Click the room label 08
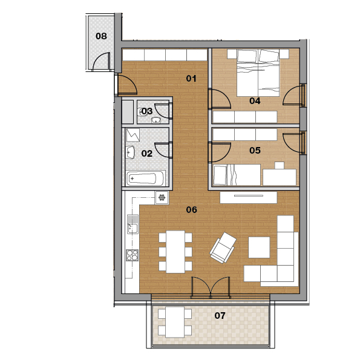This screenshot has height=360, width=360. (x=101, y=36)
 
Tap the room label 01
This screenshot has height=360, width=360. (x=191, y=79)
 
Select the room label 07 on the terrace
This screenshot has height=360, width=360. (x=220, y=316)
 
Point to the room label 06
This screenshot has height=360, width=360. (x=191, y=209)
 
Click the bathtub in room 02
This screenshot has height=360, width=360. (x=146, y=178)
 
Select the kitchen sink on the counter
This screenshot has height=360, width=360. (x=133, y=224)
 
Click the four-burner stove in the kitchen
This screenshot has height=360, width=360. (x=133, y=255)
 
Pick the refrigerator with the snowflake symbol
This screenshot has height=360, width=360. (x=162, y=197)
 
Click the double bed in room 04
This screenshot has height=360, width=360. (x=258, y=73)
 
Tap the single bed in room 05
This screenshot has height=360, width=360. (x=237, y=175)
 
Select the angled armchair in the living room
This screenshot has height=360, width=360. (x=223, y=247)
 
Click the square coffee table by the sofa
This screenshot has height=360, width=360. (x=259, y=247)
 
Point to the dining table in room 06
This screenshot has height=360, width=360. (x=175, y=252)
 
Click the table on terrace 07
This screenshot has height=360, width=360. (x=175, y=322)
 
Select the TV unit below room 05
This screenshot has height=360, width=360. (x=249, y=197)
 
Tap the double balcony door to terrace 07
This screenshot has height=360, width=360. (x=211, y=287)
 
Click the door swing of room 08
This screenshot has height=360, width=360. (x=101, y=61)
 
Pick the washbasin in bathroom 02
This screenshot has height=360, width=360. (x=130, y=152)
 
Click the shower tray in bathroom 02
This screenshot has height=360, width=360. (x=133, y=136)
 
